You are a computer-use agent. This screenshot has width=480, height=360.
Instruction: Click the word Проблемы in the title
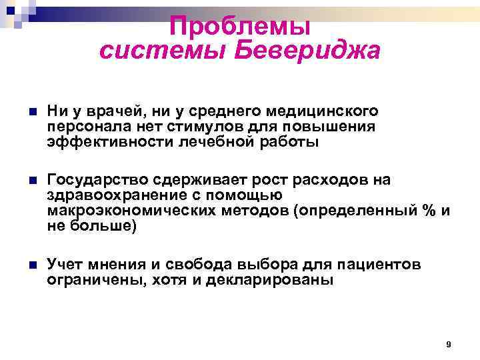(x=239, y=27)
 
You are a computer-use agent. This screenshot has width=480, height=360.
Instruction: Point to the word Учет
(x=64, y=265)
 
